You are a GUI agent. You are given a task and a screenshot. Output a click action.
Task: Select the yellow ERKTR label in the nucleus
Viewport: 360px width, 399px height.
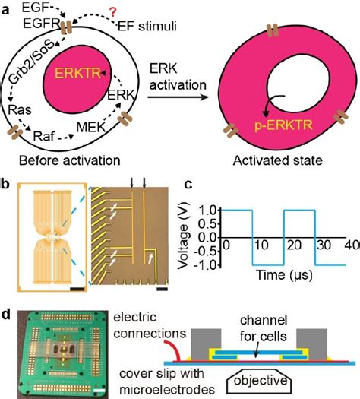[77, 76]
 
